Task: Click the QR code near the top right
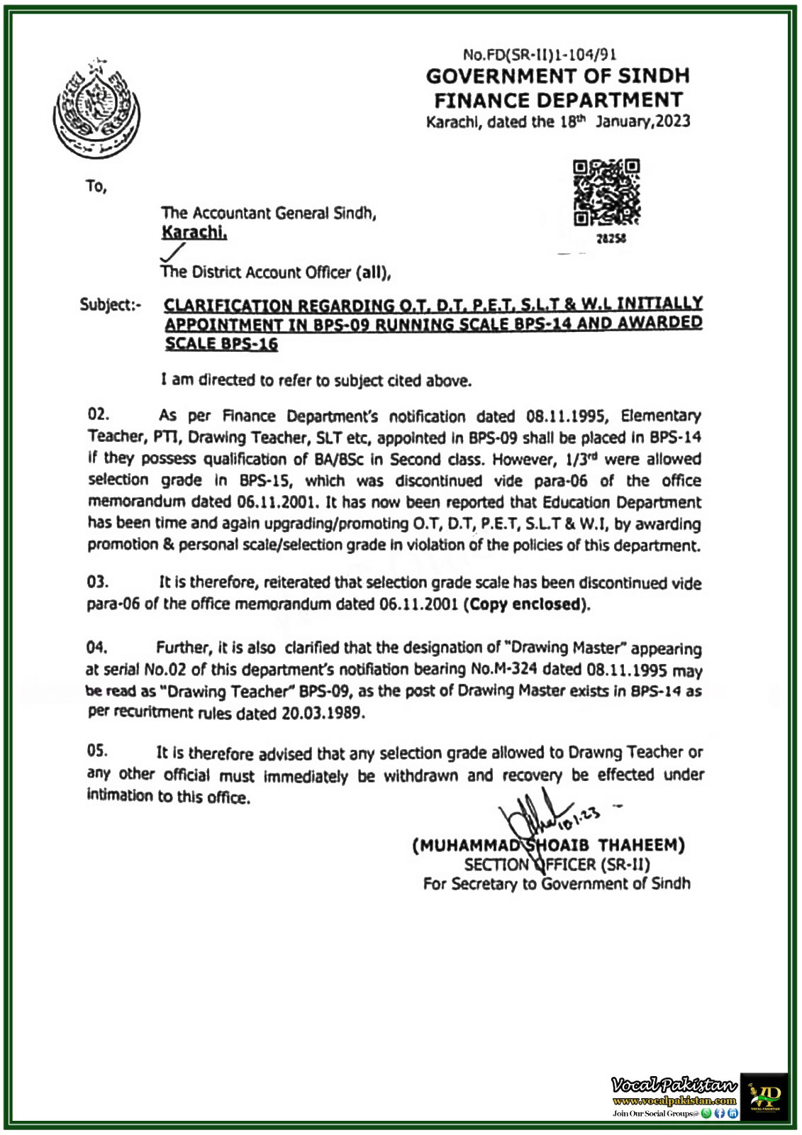coord(606,193)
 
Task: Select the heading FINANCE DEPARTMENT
coord(558,99)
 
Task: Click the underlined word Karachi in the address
coord(194,232)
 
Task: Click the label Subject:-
coord(111,305)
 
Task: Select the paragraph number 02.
coord(98,415)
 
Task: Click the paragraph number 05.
coord(98,751)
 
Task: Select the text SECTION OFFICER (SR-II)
coord(557,864)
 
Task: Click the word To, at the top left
coord(96,187)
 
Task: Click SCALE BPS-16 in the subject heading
coord(221,345)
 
